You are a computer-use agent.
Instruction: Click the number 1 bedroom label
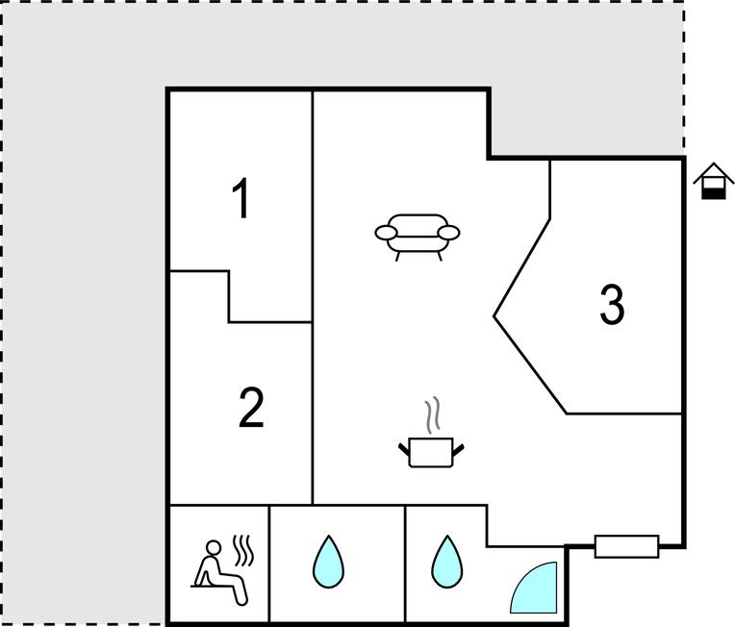pyautogui.click(x=241, y=198)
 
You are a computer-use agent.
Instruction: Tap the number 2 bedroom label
pyautogui.click(x=252, y=408)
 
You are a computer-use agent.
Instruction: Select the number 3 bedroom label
pyautogui.click(x=612, y=305)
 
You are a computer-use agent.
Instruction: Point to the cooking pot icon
pyautogui.click(x=431, y=452)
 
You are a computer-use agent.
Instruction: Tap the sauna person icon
pyautogui.click(x=220, y=571)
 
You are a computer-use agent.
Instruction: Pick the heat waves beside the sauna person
pyautogui.click(x=243, y=550)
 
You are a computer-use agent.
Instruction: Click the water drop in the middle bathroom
pyautogui.click(x=329, y=562)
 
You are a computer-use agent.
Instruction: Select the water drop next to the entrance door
pyautogui.click(x=447, y=562)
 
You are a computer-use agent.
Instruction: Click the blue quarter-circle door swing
pyautogui.click(x=534, y=588)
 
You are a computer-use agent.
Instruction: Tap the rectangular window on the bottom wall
pyautogui.click(x=626, y=546)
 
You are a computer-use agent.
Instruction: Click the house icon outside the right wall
pyautogui.click(x=714, y=181)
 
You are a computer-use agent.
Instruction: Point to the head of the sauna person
pyautogui.click(x=214, y=547)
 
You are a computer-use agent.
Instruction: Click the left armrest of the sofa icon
pyautogui.click(x=386, y=233)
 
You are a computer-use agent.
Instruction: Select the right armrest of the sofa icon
pyautogui.click(x=449, y=233)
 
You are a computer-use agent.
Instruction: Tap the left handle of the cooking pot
pyautogui.click(x=404, y=449)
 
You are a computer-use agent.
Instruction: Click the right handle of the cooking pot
pyautogui.click(x=458, y=449)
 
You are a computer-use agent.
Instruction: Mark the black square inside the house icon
pyautogui.click(x=714, y=193)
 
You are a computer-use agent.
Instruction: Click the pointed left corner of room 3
pyautogui.click(x=494, y=316)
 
